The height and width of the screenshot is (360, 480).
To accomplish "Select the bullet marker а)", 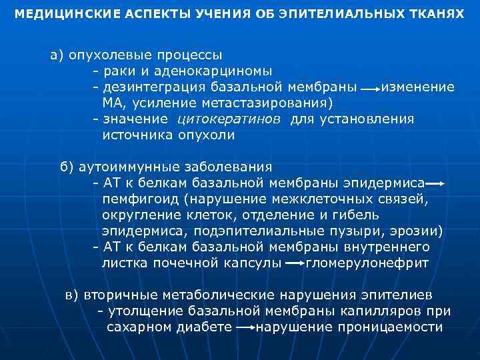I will pyautogui.click(x=57, y=55).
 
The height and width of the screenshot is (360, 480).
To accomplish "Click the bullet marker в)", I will pyautogui.click(x=72, y=295).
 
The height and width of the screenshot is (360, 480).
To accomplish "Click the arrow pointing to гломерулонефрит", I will pyautogui.click(x=295, y=264).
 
